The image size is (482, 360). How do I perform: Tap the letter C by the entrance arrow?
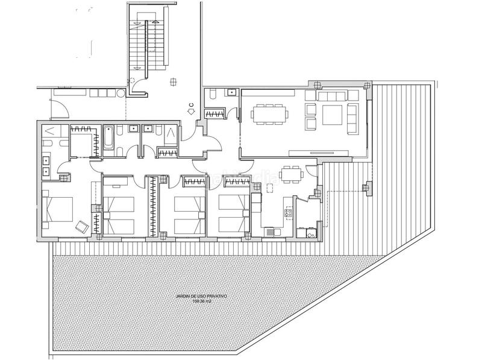191,109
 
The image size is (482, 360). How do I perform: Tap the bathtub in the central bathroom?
108,137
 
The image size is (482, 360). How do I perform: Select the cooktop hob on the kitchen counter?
288,212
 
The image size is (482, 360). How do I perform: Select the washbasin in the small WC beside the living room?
231,93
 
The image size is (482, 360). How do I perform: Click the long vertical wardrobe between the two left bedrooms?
154,205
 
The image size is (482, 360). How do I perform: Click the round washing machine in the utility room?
310,231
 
